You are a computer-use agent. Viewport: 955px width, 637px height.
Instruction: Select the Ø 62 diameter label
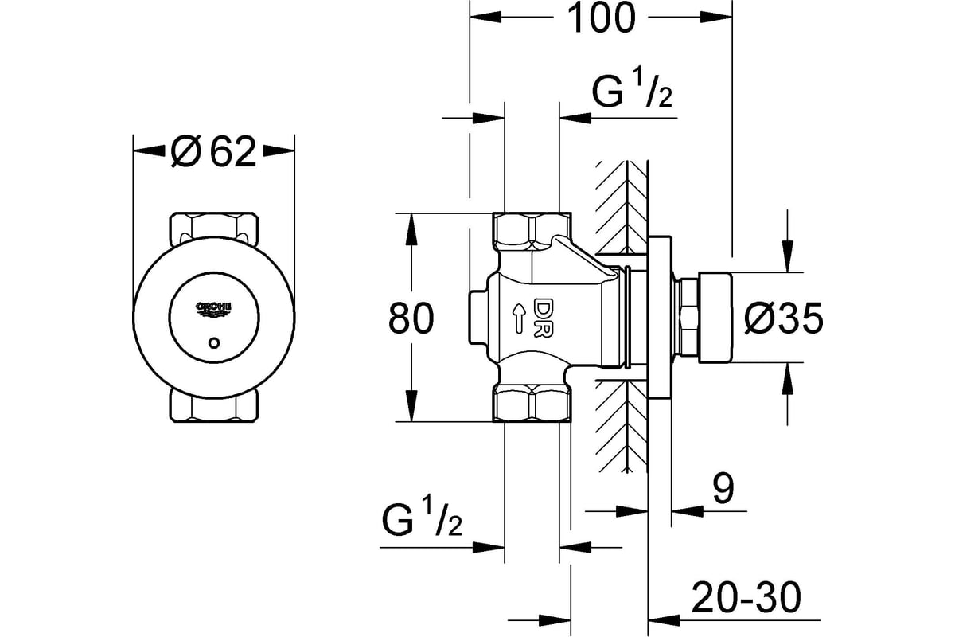213,150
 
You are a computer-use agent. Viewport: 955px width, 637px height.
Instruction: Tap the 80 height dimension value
411,318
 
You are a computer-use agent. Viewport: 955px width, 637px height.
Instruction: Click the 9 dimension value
722,489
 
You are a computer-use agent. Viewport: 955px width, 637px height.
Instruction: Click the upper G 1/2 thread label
632,95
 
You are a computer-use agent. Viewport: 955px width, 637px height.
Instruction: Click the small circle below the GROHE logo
213,343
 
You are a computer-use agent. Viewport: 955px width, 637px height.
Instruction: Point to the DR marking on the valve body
544,317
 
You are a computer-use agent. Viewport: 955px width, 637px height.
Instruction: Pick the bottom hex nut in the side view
532,404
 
